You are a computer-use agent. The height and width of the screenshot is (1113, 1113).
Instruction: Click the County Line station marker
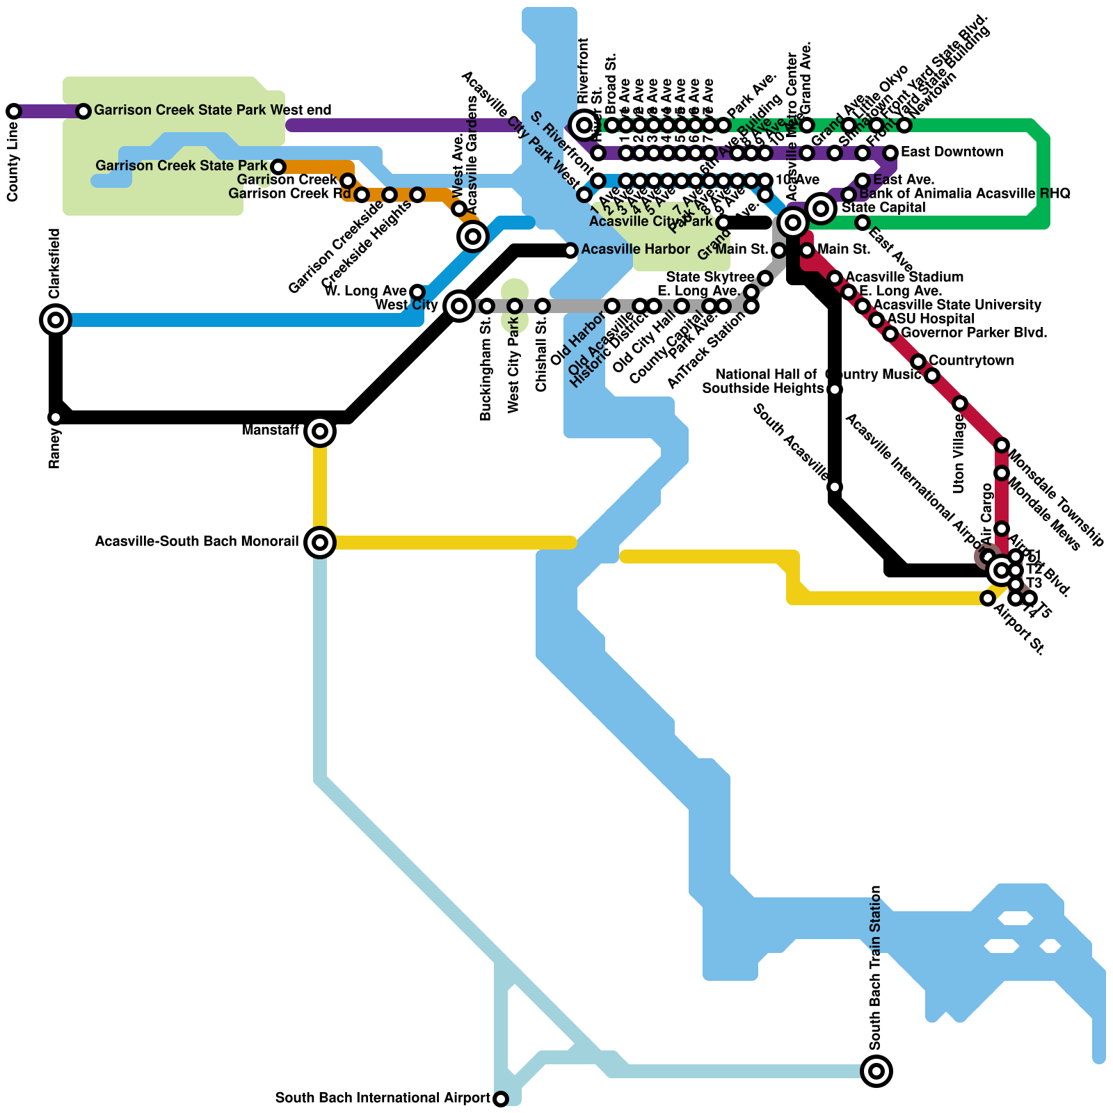[14, 111]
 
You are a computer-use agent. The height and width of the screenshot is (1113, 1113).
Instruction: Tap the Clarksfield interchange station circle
[56, 320]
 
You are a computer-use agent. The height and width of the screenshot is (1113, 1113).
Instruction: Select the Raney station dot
[56, 417]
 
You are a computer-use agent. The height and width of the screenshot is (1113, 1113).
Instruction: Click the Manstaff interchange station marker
[320, 431]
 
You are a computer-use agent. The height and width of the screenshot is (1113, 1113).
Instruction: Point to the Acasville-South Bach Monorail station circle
[320, 543]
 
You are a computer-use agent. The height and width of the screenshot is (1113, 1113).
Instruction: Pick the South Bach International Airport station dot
[501, 1099]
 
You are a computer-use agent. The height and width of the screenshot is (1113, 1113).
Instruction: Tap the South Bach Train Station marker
[876, 1071]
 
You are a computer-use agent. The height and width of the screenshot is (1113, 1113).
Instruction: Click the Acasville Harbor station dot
[570, 250]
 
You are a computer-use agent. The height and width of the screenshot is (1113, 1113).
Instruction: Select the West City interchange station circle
[459, 305]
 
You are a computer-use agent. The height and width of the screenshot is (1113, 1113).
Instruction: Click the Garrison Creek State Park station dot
[278, 167]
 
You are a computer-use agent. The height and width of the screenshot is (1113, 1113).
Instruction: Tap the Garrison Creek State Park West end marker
[83, 111]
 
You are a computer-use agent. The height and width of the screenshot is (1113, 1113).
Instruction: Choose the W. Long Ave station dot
[417, 291]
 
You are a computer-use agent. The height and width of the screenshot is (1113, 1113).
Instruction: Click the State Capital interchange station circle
[822, 208]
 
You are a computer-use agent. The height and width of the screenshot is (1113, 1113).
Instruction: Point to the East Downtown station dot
[890, 153]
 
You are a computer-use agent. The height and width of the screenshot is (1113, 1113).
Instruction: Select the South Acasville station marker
[835, 487]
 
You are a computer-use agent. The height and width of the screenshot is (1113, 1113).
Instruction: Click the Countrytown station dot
[918, 362]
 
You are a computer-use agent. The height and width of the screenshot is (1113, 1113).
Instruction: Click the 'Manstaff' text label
[270, 431]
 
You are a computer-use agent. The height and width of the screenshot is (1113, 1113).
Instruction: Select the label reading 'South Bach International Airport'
[383, 1098]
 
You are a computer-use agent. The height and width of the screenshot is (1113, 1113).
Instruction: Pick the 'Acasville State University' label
[957, 305]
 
